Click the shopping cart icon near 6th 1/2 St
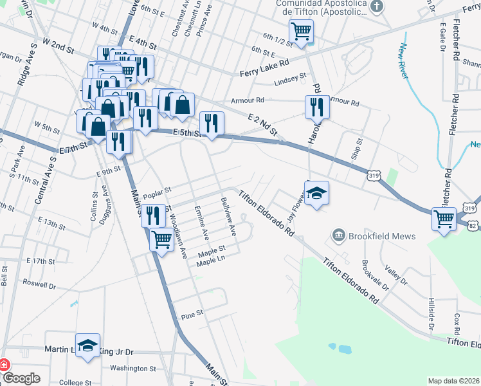301,31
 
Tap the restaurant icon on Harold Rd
316,106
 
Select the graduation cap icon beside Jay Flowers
316,193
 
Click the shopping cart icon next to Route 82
444,219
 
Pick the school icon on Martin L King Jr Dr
88,345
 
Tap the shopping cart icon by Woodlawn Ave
161,239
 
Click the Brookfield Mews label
382,236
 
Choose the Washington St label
133,369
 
